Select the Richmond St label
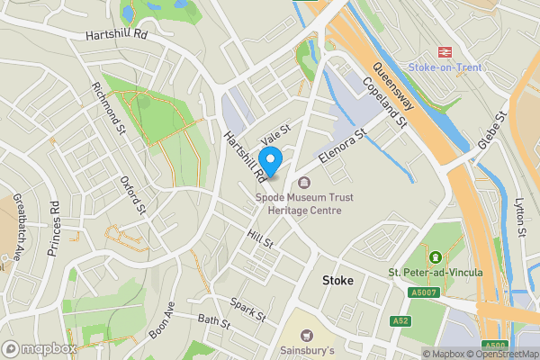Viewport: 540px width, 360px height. pyautogui.click(x=107, y=108)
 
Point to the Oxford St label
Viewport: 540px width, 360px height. pyautogui.click(x=133, y=197)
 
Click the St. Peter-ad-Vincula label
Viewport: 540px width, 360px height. pyautogui.click(x=436, y=272)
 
